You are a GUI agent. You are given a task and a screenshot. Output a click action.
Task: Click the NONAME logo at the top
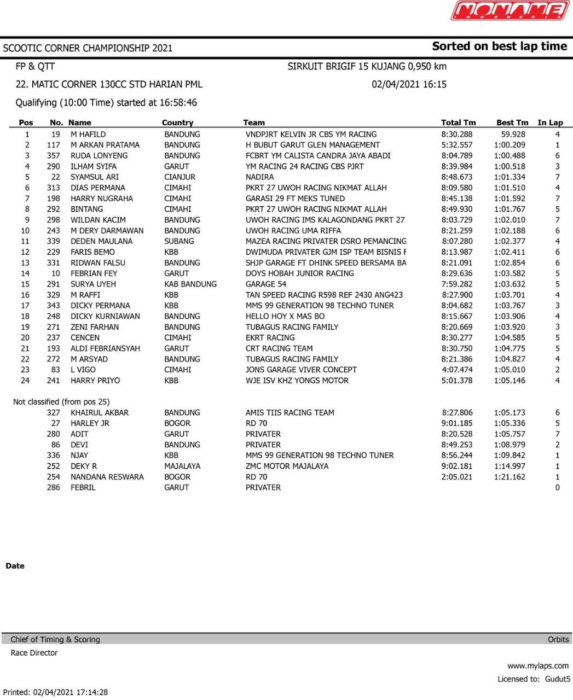click(510, 11)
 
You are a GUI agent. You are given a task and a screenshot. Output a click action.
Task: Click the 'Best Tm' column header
click(512, 122)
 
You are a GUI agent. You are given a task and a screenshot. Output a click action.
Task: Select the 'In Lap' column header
click(550, 122)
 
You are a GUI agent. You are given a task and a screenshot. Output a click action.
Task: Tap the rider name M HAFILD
click(88, 134)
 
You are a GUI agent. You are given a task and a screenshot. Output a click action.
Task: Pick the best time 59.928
click(513, 134)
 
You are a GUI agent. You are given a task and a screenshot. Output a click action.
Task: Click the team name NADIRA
click(260, 177)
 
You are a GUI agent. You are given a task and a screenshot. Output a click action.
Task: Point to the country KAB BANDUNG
click(190, 284)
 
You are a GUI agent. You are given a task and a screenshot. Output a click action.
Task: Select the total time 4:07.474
click(457, 370)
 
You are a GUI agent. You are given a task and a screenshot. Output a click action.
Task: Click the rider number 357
click(53, 156)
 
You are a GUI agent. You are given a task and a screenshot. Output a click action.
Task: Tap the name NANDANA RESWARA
click(107, 477)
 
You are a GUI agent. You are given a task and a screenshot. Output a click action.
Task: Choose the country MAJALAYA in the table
click(182, 466)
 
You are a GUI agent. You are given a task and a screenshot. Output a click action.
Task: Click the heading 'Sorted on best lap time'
click(499, 46)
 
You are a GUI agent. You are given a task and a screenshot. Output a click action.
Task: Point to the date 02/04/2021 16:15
click(409, 84)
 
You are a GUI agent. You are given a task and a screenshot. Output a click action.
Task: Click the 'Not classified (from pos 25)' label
click(61, 402)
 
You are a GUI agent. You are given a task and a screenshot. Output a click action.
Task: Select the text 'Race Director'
click(34, 653)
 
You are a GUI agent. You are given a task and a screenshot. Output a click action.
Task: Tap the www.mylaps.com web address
click(538, 666)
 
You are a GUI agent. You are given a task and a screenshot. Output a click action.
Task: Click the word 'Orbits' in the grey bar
click(558, 639)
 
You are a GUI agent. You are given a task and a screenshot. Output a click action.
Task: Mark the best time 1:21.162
click(510, 477)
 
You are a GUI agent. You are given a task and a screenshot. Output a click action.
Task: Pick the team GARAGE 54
click(266, 284)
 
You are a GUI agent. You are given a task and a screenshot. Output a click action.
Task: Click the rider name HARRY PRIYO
click(95, 381)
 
